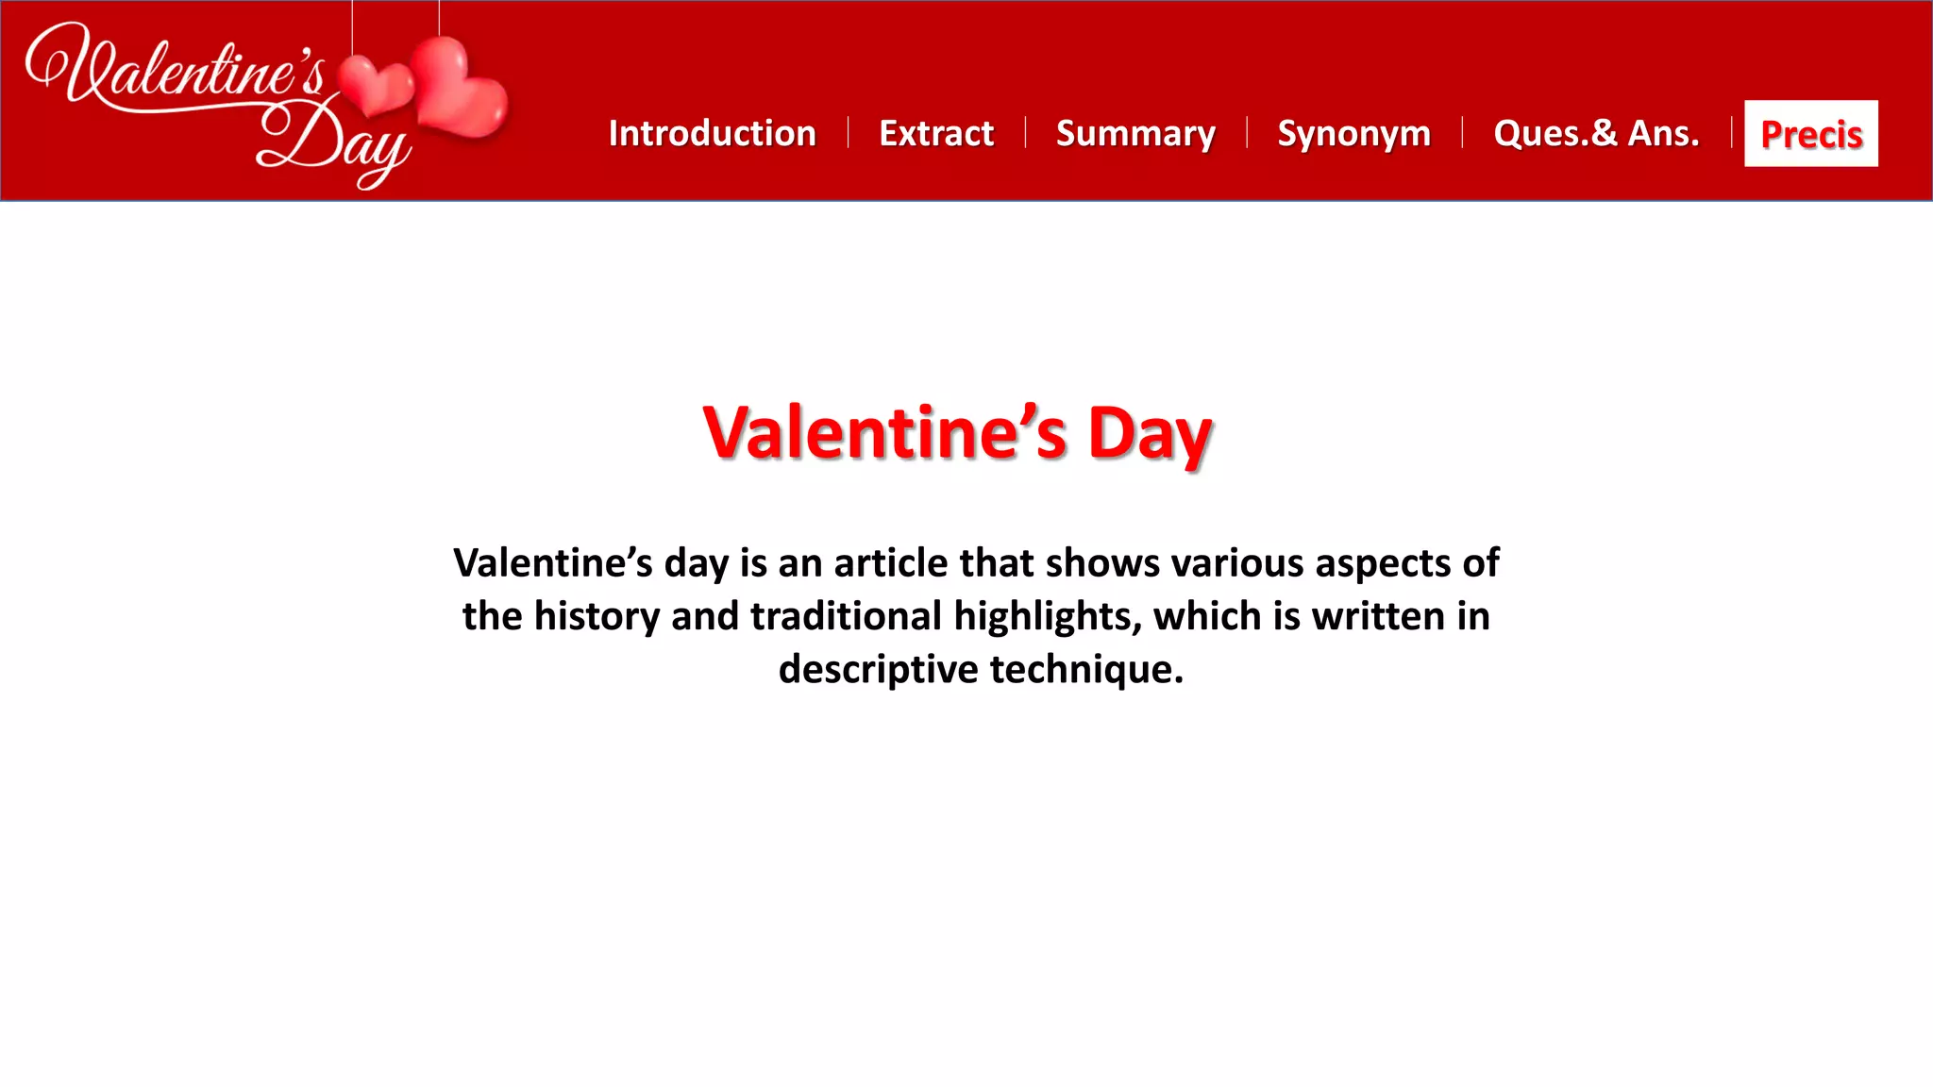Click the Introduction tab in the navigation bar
[x=712, y=133]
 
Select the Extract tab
[x=936, y=133]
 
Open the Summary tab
[x=1135, y=133]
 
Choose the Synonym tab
[x=1353, y=133]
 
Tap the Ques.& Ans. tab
[x=1596, y=133]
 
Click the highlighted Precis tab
[x=1811, y=134]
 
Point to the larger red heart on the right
[x=459, y=90]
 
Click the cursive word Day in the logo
[x=335, y=142]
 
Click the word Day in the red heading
[x=1150, y=434]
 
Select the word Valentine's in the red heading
[x=884, y=434]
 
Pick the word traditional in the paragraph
[x=846, y=616]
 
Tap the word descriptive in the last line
[x=878, y=670]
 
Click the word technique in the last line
[x=1086, y=669]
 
